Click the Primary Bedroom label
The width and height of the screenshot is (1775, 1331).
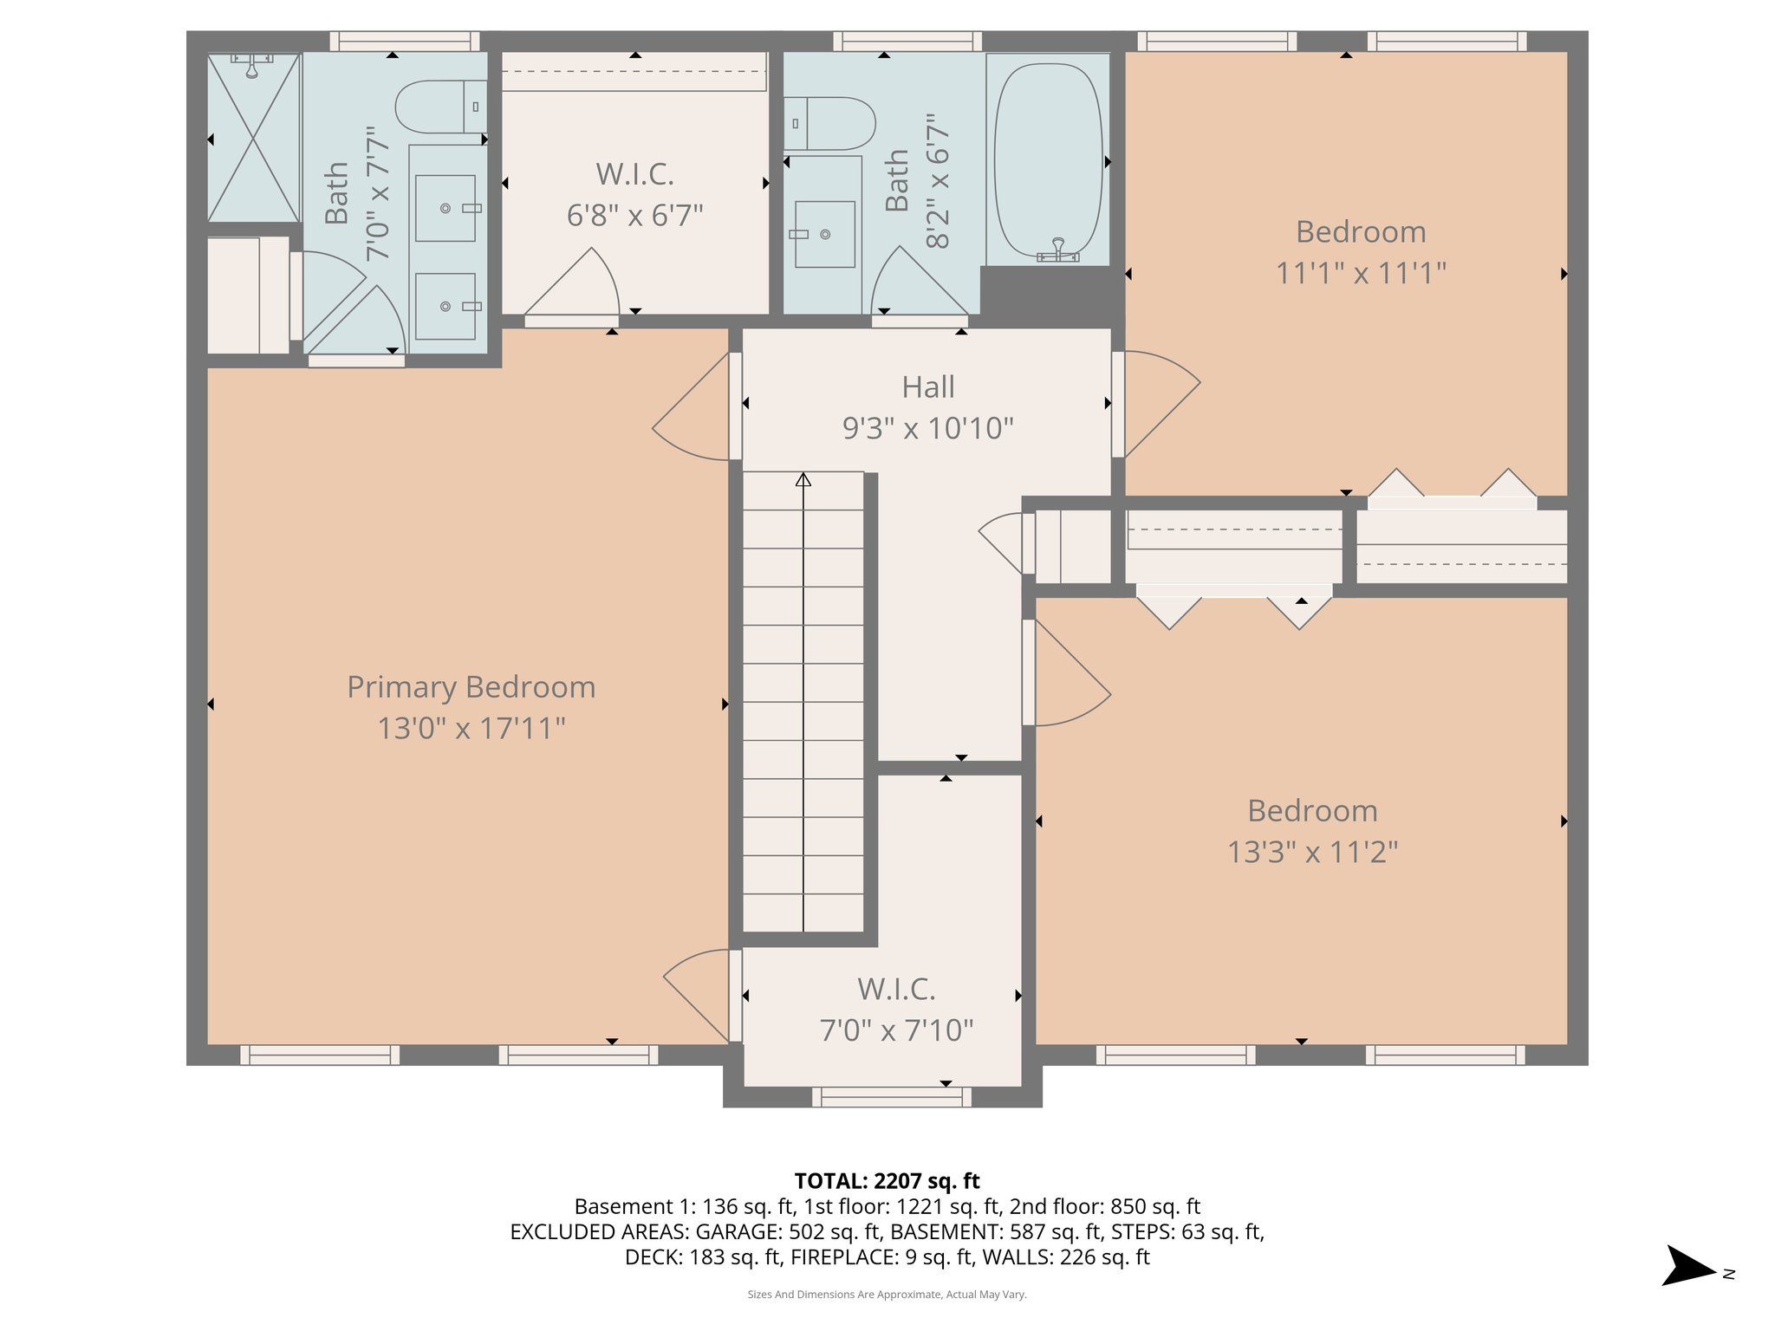471,687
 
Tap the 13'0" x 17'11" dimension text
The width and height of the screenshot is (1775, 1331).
471,728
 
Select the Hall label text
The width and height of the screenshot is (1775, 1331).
927,387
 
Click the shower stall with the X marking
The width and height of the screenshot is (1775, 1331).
253,137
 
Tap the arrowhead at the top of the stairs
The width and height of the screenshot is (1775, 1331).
803,479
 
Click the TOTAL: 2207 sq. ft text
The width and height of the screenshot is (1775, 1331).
887,1181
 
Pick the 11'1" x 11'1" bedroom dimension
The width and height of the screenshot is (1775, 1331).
1361,274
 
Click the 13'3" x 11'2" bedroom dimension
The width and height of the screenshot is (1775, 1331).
1312,852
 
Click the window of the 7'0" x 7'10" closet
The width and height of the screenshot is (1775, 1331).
891,1097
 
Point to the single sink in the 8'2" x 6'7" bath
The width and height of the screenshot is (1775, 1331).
824,234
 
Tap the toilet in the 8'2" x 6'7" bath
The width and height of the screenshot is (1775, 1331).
829,123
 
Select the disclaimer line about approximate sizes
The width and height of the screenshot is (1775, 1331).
887,1295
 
